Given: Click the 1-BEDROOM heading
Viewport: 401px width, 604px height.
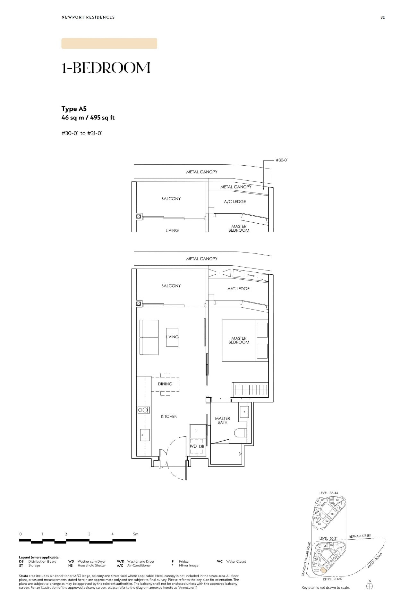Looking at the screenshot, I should tap(106, 68).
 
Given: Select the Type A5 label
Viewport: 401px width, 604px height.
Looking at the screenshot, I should tap(74, 109).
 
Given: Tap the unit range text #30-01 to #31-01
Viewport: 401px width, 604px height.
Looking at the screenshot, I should tap(82, 133).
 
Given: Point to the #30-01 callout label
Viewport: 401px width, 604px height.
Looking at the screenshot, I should tap(282, 160).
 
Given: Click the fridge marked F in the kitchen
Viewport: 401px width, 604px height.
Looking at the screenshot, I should tap(197, 431).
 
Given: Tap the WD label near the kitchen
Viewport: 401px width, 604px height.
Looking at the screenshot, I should tap(193, 446).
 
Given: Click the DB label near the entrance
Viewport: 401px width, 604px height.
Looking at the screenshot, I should tap(201, 446).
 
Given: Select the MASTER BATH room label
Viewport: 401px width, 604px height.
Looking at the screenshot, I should tap(222, 420).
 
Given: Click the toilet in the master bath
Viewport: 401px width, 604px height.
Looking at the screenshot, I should tap(241, 433).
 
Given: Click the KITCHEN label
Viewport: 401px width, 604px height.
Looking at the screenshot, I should tap(169, 416).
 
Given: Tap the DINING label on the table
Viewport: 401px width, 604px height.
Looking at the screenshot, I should tap(165, 384).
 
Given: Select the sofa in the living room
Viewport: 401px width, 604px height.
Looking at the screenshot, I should tap(149, 337).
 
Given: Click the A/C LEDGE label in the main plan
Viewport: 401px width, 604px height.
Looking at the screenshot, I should tap(238, 288).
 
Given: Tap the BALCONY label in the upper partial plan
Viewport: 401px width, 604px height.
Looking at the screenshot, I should tap(171, 199).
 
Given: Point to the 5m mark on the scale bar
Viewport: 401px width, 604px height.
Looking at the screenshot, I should tap(136, 534).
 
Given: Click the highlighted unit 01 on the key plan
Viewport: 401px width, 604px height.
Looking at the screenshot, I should tap(323, 570).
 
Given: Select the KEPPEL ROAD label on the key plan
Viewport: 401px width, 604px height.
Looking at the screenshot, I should tap(333, 579).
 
